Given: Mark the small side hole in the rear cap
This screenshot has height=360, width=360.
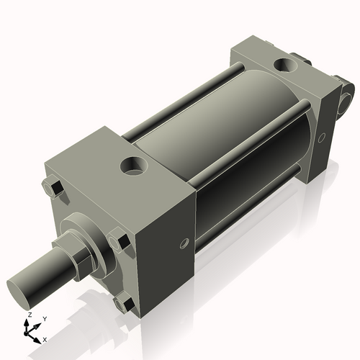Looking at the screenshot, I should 323,138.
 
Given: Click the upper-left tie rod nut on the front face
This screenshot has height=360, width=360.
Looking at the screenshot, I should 54,189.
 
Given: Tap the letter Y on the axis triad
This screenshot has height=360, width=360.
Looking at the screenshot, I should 45,318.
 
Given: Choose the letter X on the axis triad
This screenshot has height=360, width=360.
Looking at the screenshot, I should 45,338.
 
